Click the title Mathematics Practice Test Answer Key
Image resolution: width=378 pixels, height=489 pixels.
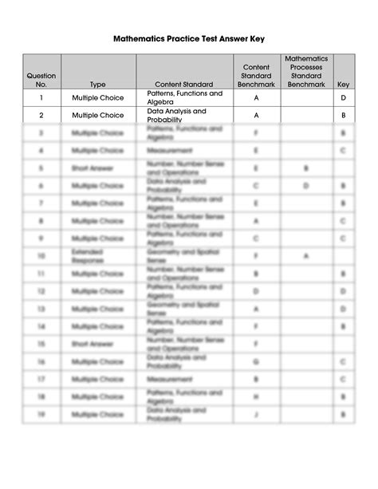click(189, 37)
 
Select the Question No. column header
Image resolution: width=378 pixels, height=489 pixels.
click(41, 79)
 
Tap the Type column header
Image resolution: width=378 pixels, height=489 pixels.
click(97, 84)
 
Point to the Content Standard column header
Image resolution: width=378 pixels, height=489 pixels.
click(185, 84)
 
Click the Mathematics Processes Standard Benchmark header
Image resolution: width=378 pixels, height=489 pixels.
click(306, 70)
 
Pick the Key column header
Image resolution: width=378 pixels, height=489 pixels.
click(343, 84)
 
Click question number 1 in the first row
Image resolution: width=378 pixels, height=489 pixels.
click(41, 97)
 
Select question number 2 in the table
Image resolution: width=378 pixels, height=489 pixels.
click(41, 115)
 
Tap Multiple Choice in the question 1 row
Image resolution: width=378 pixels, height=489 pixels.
click(97, 97)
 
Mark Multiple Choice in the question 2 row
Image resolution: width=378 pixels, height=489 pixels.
click(97, 115)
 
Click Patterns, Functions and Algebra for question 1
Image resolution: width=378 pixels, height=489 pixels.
click(184, 97)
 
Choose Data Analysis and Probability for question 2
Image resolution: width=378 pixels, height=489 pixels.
click(176, 115)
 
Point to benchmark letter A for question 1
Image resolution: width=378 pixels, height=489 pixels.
click(257, 97)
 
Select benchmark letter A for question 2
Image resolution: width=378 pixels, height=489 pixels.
click(257, 115)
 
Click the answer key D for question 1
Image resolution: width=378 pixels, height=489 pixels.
click(343, 97)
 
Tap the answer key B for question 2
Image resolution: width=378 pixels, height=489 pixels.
click(343, 115)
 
